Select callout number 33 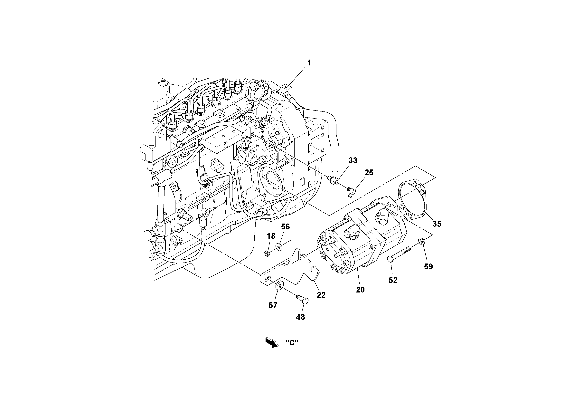tap(353, 160)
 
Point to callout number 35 tap(437, 224)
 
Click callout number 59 tap(428, 266)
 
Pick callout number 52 tap(393, 280)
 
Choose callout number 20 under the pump tap(360, 290)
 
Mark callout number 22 tap(321, 295)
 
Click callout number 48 tap(300, 317)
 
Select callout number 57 tap(273, 305)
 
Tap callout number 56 tap(285, 227)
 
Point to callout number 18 tap(271, 236)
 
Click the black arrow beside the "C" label tap(272, 342)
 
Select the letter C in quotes tap(292, 343)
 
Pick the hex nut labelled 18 tap(267, 253)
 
